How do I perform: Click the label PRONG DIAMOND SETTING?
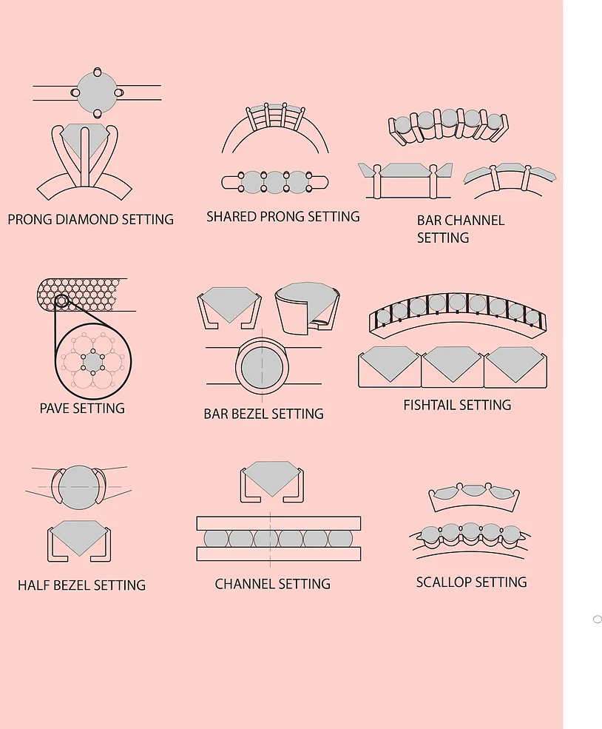pos(90,220)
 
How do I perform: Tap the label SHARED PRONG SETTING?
pos(283,217)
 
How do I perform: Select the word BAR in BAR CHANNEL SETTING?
pos(429,221)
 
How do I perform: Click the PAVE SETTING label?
pos(82,408)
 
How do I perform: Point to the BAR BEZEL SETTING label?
pos(263,414)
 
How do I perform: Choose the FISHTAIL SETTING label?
pos(457,405)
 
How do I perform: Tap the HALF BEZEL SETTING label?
pos(81,585)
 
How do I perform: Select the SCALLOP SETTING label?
pos(471,582)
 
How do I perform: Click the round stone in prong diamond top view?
pos(97,93)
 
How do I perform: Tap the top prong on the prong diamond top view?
pos(97,72)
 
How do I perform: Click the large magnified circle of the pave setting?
pos(93,362)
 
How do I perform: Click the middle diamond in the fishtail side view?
pos(453,363)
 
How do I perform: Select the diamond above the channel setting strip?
pos(271,477)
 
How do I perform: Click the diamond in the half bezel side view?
pos(79,536)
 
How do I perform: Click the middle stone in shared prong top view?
pos(274,182)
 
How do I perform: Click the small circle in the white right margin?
pos(598,619)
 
